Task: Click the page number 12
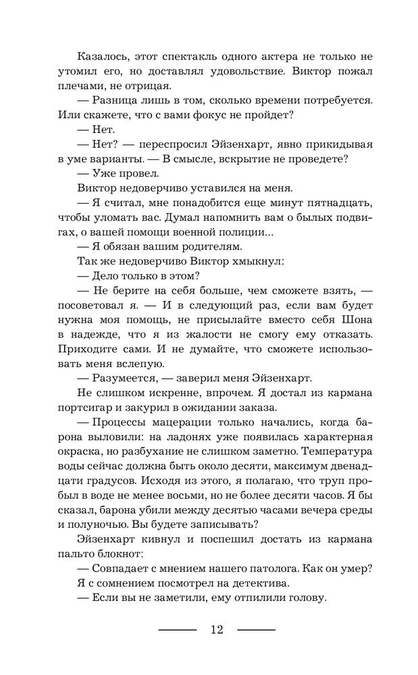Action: [x=217, y=630]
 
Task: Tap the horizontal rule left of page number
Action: [x=177, y=630]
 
